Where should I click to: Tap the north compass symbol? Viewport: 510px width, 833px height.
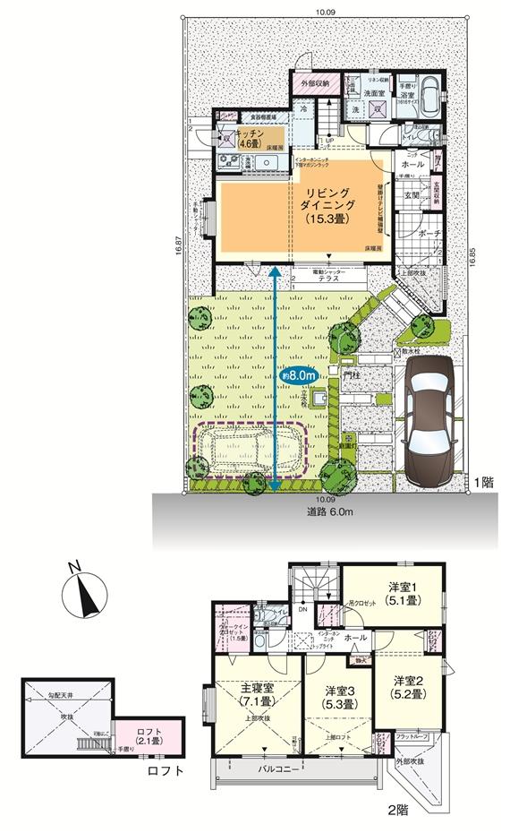84,590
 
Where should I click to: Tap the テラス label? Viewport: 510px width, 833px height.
323,279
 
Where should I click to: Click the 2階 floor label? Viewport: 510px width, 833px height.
396,810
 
